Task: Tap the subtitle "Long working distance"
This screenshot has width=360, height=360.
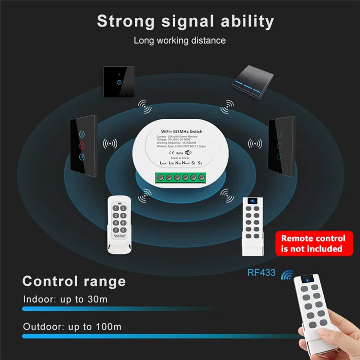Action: tap(180, 40)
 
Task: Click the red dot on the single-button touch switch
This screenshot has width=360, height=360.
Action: tap(118, 72)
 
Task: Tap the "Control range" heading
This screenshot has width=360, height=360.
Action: tap(74, 281)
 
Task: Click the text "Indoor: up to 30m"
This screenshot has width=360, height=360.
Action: tap(65, 299)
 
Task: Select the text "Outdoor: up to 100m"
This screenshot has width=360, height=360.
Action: tap(72, 326)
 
